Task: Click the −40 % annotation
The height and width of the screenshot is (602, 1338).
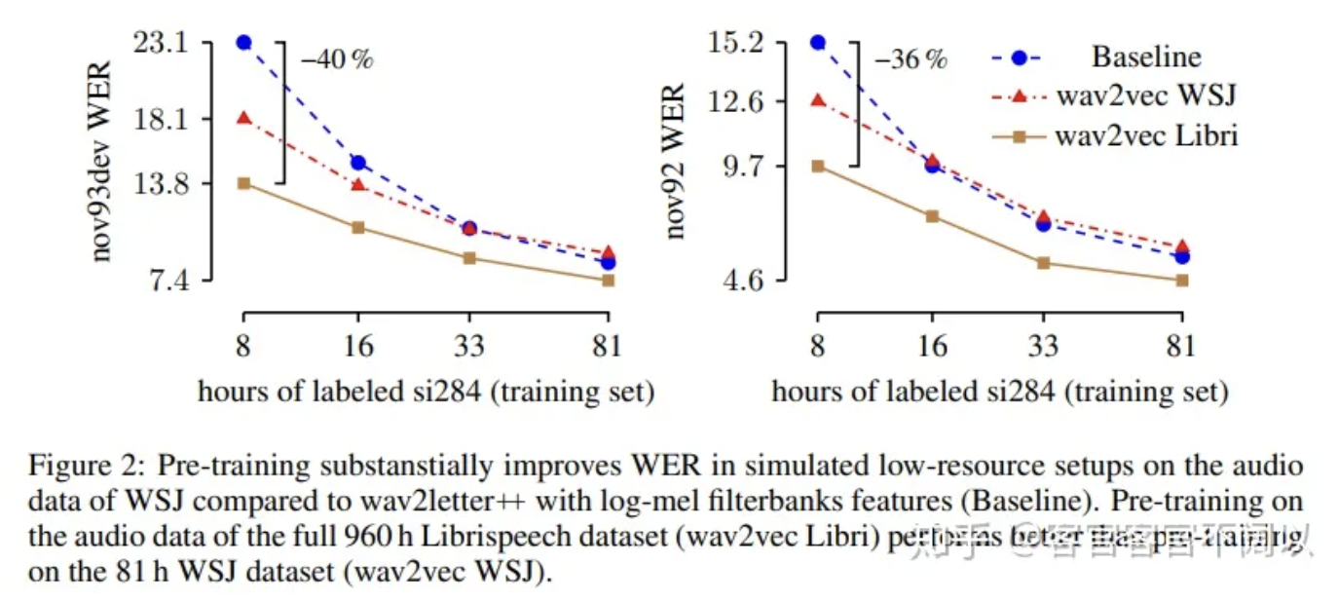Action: pos(336,59)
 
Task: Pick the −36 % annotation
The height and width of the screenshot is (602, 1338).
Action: pos(910,59)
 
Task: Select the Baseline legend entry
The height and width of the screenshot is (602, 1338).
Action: pos(1145,56)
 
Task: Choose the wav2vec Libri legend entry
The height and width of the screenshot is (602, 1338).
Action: pos(1145,135)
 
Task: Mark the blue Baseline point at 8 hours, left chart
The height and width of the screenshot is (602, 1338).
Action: pos(243,43)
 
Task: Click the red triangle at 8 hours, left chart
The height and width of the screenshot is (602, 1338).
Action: pos(243,118)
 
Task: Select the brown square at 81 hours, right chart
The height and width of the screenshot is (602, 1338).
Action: pos(1182,281)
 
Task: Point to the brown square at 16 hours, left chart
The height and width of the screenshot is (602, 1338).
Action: pos(358,228)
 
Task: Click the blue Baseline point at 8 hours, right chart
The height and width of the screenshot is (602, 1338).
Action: pos(818,43)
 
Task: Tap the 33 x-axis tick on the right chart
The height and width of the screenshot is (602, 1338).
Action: pos(1043,346)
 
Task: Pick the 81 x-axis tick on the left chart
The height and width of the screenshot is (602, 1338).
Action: pos(609,346)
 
